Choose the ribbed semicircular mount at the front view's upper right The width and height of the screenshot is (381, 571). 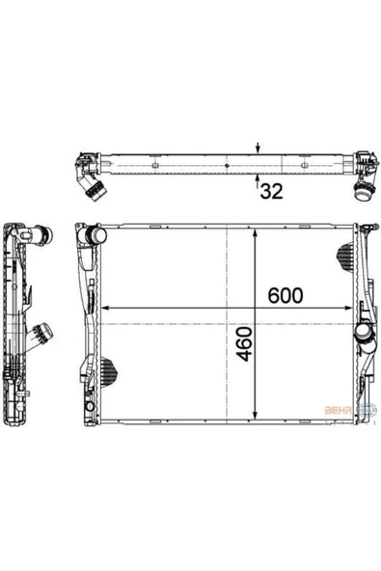tap(345, 254)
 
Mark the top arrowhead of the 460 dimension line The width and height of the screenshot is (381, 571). tap(255, 232)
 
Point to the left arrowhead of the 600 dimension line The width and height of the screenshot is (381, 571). tap(104, 308)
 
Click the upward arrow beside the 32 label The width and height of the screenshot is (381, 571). tap(258, 177)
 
